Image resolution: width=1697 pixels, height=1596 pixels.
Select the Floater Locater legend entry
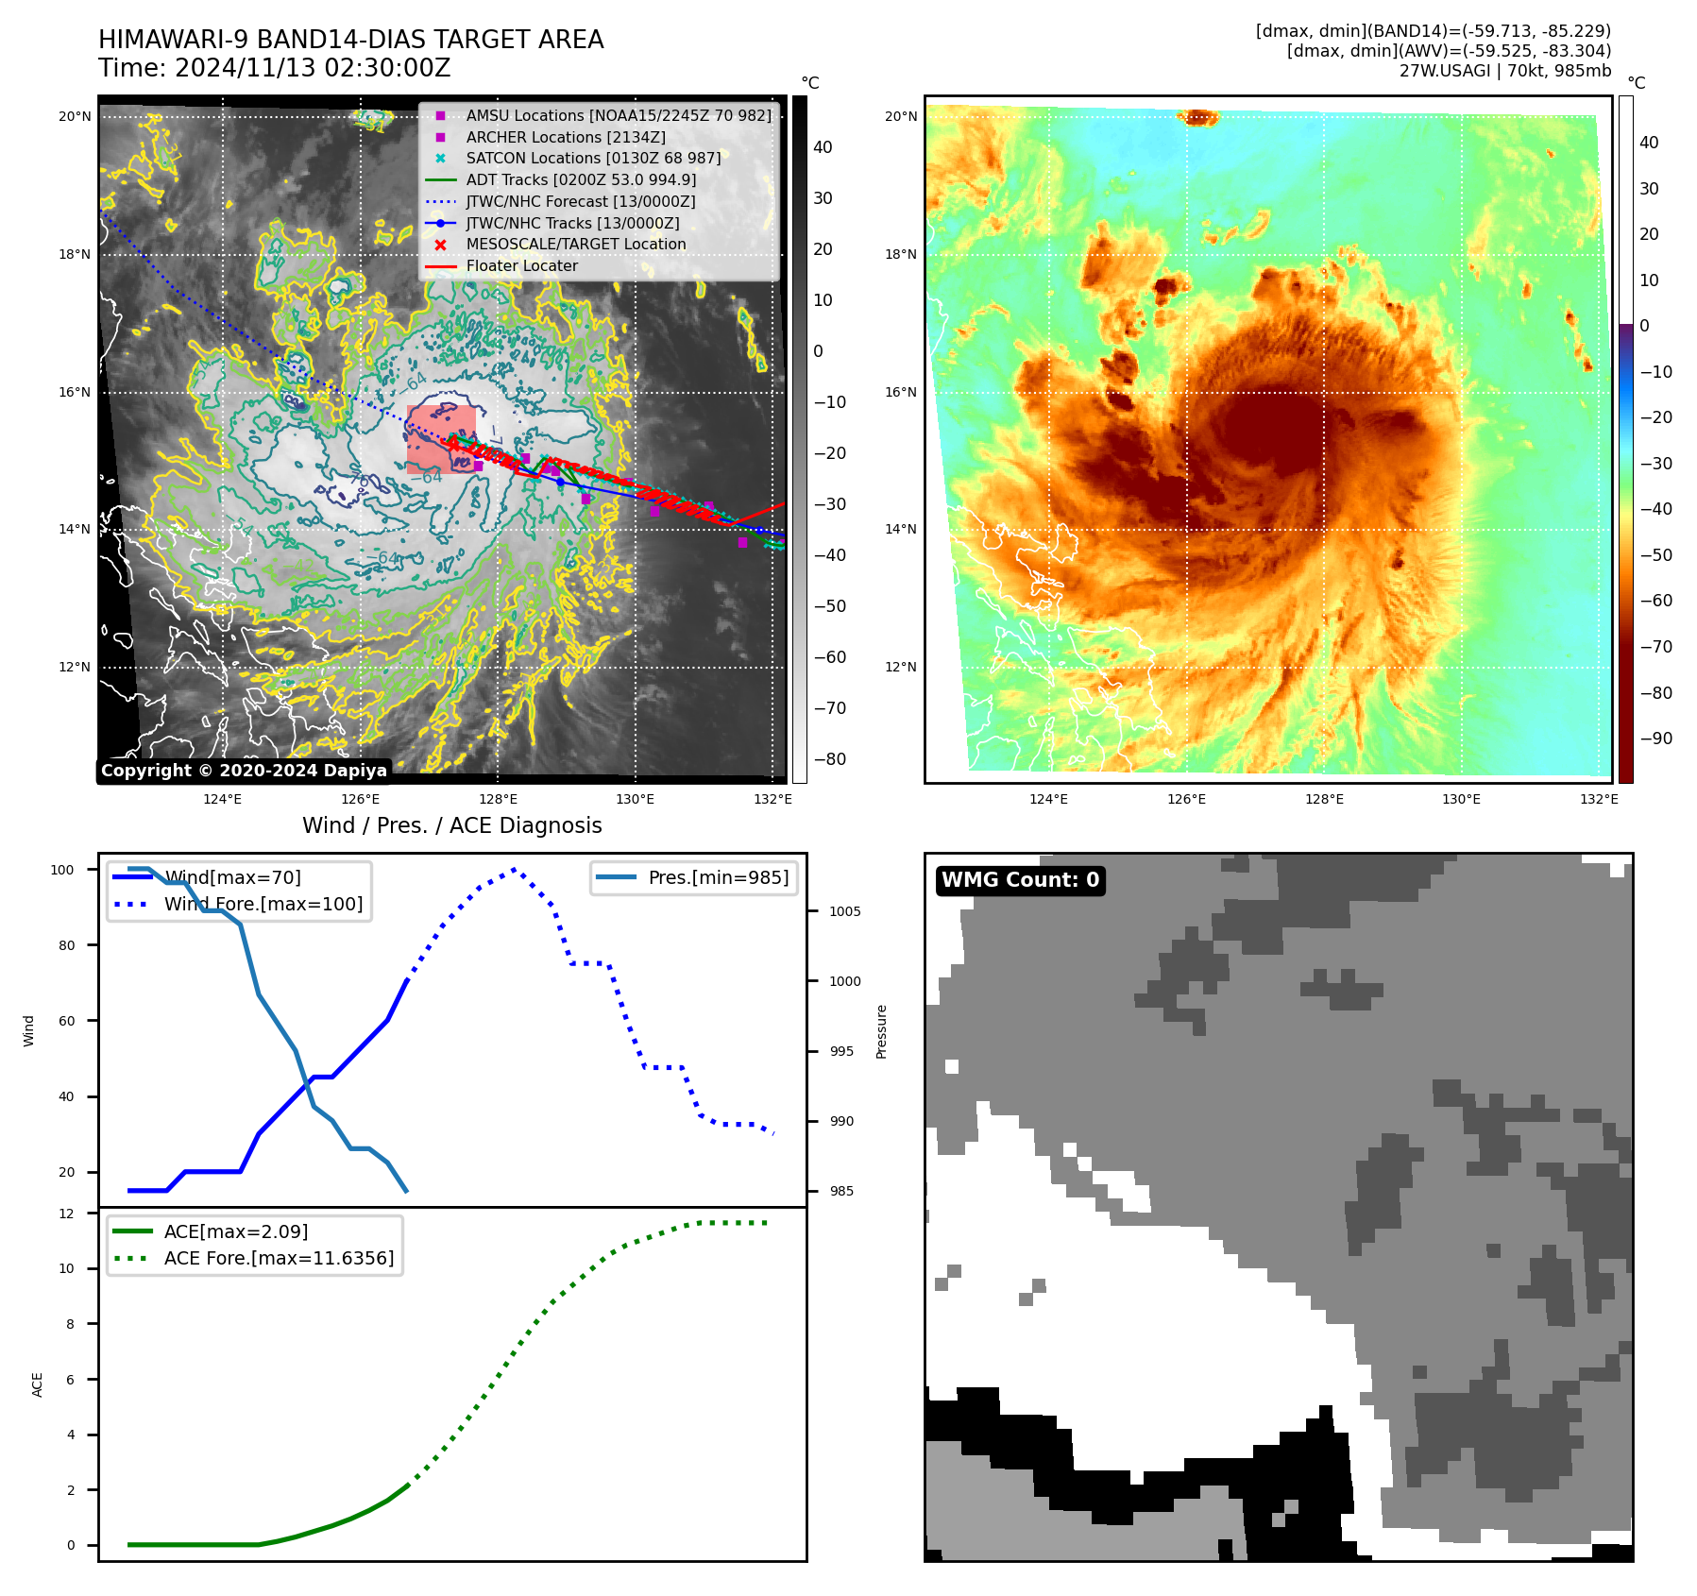[521, 265]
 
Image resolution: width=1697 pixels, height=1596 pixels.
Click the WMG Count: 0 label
[1020, 880]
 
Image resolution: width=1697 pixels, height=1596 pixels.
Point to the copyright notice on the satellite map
[244, 771]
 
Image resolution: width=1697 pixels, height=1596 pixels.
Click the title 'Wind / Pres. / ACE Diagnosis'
[451, 825]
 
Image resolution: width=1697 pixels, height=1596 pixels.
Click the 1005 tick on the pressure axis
[844, 911]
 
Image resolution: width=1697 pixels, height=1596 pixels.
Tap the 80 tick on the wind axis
[67, 945]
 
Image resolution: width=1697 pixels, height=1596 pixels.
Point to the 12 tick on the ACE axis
[67, 1214]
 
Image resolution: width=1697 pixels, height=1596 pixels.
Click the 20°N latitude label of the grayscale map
[75, 117]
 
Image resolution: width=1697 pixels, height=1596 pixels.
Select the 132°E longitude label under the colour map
[1599, 799]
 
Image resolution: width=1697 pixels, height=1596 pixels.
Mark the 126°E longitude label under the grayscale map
[361, 799]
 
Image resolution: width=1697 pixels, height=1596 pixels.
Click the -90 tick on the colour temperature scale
[1655, 739]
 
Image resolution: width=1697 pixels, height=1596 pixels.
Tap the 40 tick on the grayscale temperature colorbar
[823, 147]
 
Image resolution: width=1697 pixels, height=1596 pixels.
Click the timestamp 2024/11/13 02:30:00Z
[313, 69]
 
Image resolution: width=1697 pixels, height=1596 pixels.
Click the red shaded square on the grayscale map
[441, 439]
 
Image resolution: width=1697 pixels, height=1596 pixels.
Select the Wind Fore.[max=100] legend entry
[263, 904]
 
